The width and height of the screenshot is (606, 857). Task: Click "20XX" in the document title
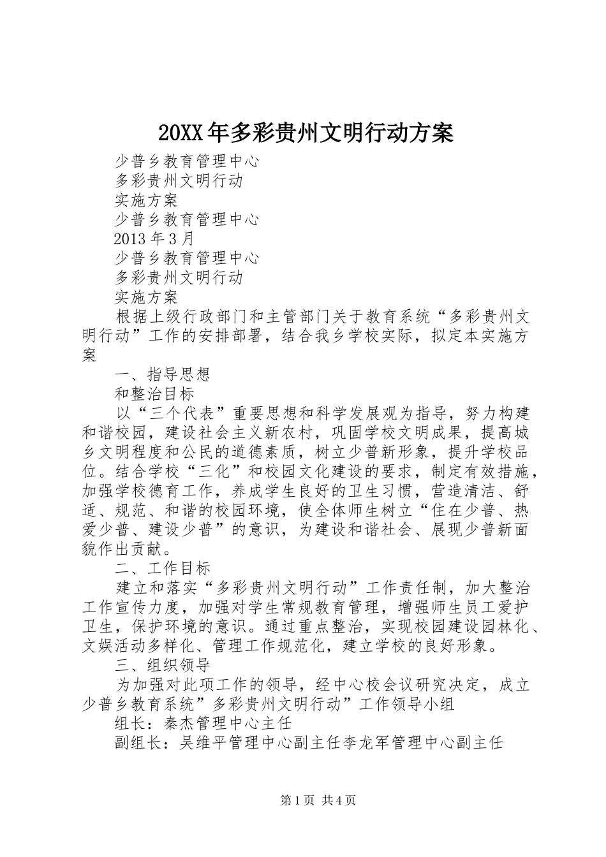point(180,133)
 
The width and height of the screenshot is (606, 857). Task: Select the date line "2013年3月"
point(154,239)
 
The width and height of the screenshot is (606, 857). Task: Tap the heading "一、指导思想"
point(162,374)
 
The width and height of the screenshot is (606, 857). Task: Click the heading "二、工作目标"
point(162,568)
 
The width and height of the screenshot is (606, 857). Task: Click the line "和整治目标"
point(154,393)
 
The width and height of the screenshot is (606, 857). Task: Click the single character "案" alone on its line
point(90,355)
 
